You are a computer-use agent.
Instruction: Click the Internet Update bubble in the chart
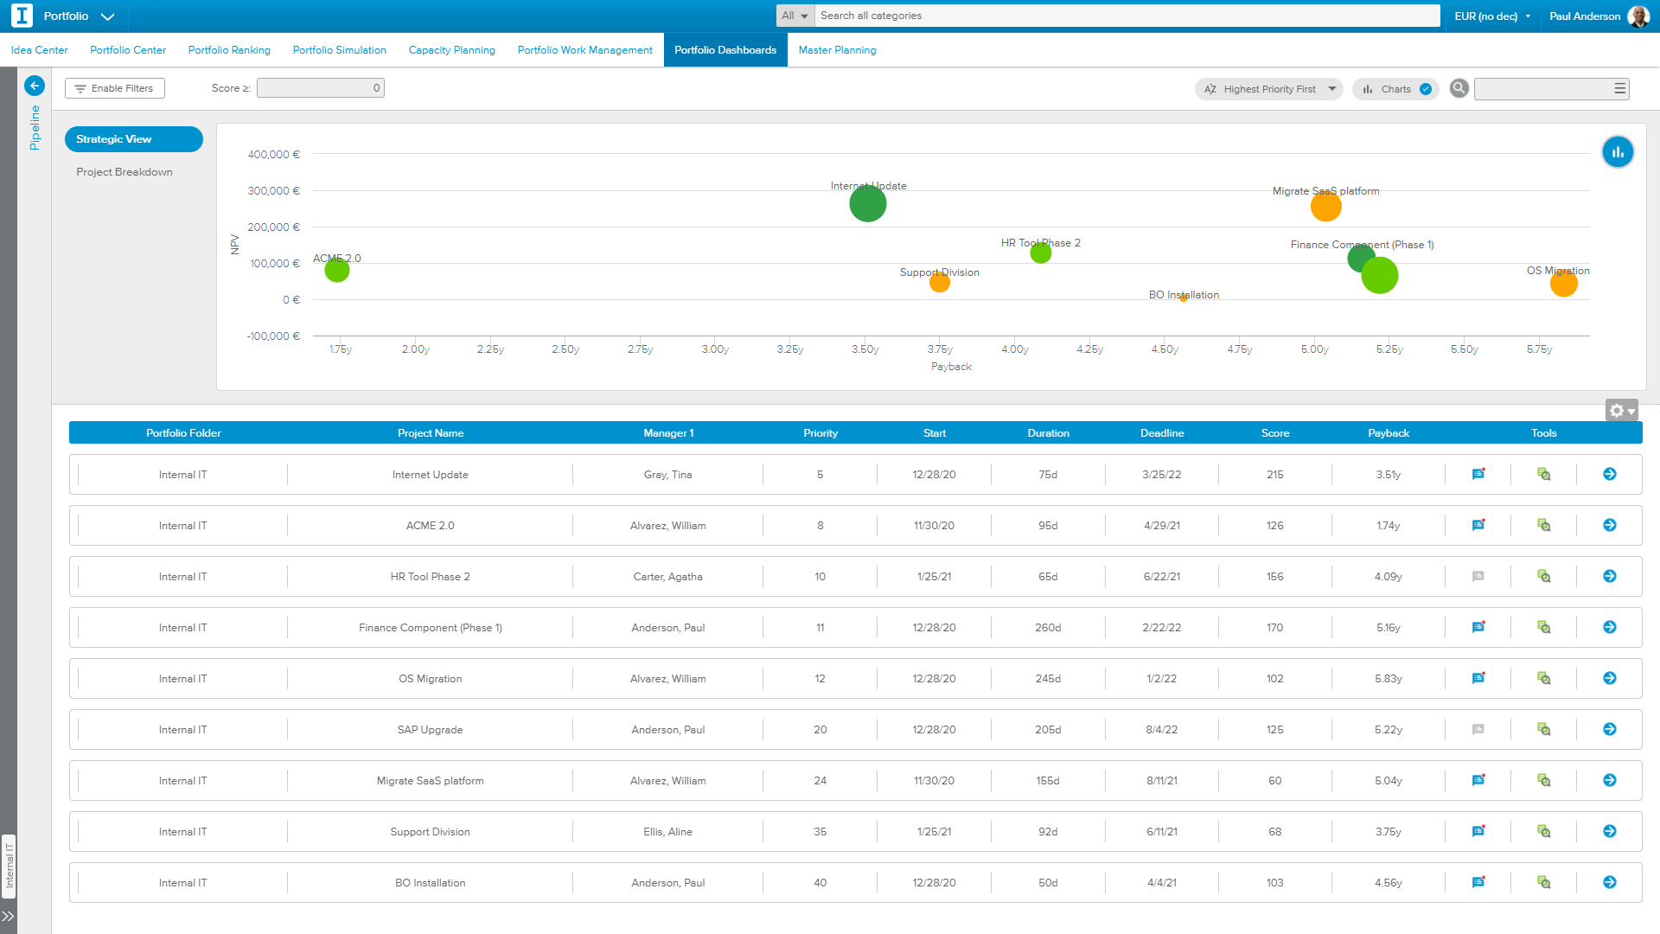pyautogui.click(x=867, y=204)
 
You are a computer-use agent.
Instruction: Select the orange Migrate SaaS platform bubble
pyautogui.click(x=1325, y=207)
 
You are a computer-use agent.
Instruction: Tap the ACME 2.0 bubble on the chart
pyautogui.click(x=337, y=270)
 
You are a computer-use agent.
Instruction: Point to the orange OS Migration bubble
pyautogui.click(x=1563, y=283)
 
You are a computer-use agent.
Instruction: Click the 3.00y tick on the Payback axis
pyautogui.click(x=715, y=349)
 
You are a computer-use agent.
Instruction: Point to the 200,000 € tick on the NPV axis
pyautogui.click(x=274, y=227)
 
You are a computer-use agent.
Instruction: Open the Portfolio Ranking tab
pyautogui.click(x=229, y=50)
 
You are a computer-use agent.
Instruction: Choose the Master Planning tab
pyautogui.click(x=837, y=50)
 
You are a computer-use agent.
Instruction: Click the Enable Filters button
pyautogui.click(x=115, y=88)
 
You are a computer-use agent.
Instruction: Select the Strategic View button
pyautogui.click(x=134, y=139)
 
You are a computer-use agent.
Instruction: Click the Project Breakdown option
pyautogui.click(x=124, y=172)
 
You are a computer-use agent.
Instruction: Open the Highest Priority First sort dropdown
pyautogui.click(x=1269, y=89)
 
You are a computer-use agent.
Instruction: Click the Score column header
pyautogui.click(x=1275, y=433)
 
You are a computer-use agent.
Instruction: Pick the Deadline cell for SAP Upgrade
pyautogui.click(x=1162, y=730)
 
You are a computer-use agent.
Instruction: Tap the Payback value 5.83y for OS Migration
pyautogui.click(x=1389, y=679)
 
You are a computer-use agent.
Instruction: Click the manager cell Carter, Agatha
pyautogui.click(x=668, y=577)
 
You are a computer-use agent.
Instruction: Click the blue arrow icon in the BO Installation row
pyautogui.click(x=1610, y=882)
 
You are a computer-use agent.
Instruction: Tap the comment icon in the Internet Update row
pyautogui.click(x=1478, y=474)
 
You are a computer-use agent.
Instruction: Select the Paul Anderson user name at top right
pyautogui.click(x=1585, y=16)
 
